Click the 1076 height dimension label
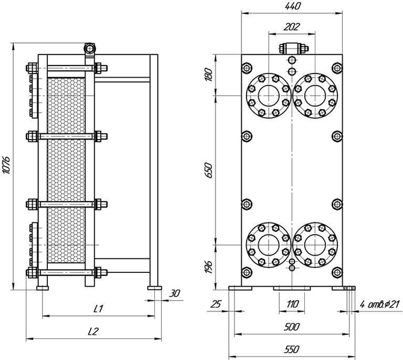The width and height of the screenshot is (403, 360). pos(6,165)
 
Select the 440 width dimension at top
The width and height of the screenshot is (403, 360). pos(292,6)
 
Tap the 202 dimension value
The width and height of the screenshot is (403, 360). pos(291,27)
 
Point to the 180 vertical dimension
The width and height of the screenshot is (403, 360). pos(210,75)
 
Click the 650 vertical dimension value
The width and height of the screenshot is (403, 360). pos(210,170)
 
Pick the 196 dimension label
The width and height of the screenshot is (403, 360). pos(210,267)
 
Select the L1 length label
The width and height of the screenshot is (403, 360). pos(98,309)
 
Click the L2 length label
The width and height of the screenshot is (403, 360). pos(93,331)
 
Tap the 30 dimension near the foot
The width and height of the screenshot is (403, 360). pos(175,293)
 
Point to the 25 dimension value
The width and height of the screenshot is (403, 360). pos(216,304)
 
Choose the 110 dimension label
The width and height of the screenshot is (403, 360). pos(292,304)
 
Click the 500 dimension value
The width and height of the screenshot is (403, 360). pos(292,327)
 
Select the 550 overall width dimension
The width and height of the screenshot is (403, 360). pos(292,349)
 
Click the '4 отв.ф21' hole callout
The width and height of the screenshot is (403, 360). pos(380,304)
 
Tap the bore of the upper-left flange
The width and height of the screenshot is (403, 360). pos(269,96)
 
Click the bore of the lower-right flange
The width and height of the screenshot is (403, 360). pos(315,245)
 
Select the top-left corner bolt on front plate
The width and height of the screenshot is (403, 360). pos(246,68)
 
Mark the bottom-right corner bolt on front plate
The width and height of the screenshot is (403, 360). pos(337,272)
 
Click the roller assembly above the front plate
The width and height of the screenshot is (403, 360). pos(294,49)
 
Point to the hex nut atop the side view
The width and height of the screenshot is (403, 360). pos(89,49)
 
